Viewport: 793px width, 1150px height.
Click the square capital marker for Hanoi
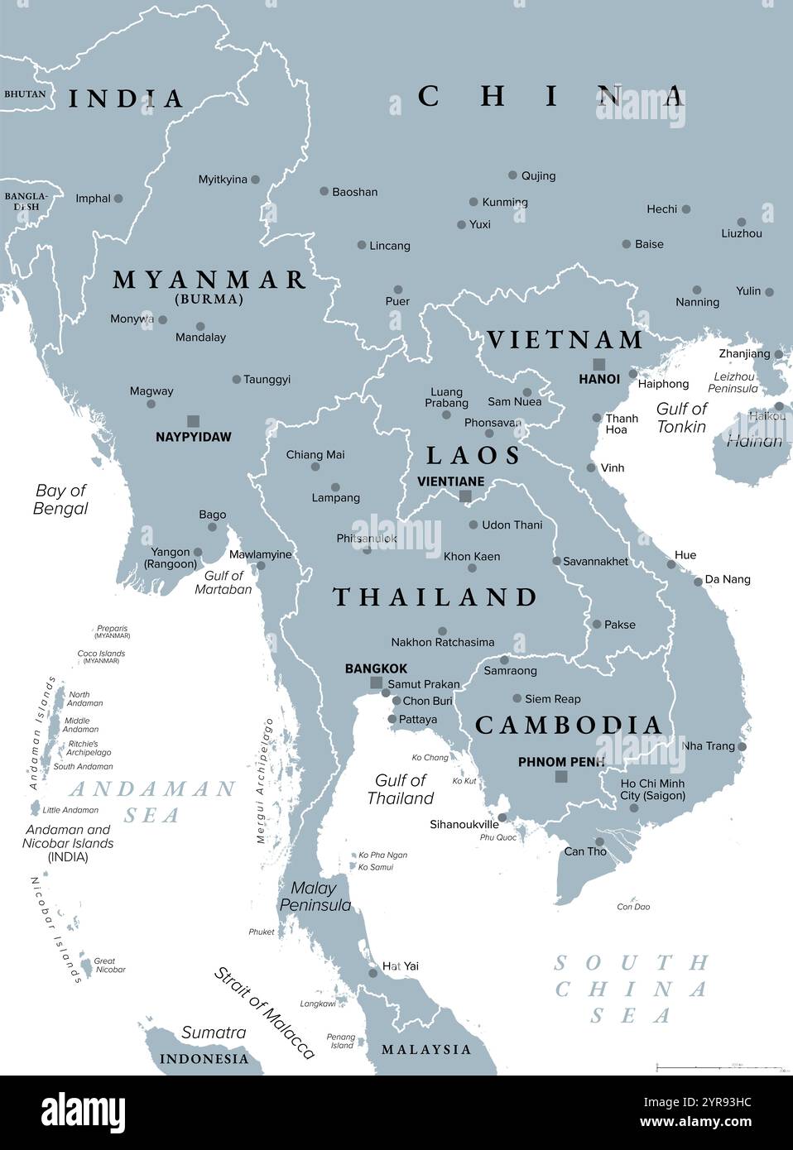[598, 364]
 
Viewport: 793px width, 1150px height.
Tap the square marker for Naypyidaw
[193, 420]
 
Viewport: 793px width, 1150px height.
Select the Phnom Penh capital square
[561, 776]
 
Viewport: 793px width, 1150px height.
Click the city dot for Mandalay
[200, 326]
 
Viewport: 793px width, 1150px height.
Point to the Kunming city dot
[473, 202]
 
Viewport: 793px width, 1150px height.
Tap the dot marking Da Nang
[698, 581]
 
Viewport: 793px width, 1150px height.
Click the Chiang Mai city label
[315, 454]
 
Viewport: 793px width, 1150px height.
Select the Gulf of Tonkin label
[681, 418]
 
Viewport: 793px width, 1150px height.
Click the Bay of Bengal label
[60, 499]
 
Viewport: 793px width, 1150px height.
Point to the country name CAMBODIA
[569, 726]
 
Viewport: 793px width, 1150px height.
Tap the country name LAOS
[473, 455]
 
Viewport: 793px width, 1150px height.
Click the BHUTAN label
[25, 94]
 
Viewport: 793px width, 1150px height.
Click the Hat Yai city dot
[373, 973]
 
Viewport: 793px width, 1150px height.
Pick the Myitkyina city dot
[255, 179]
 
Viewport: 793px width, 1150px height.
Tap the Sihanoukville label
[464, 824]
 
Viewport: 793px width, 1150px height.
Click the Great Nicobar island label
[108, 965]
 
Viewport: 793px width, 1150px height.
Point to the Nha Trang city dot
[742, 746]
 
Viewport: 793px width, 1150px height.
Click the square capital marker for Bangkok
[377, 683]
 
